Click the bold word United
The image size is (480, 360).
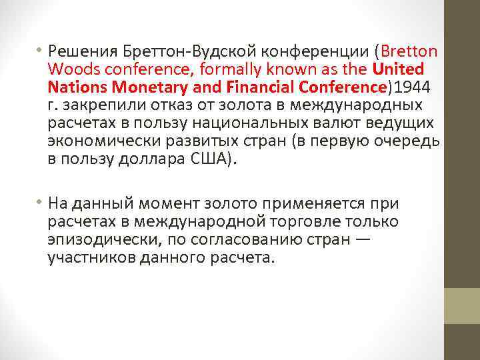(x=399, y=69)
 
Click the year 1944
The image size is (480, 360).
(x=413, y=87)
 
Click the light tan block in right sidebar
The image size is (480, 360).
(x=462, y=305)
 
